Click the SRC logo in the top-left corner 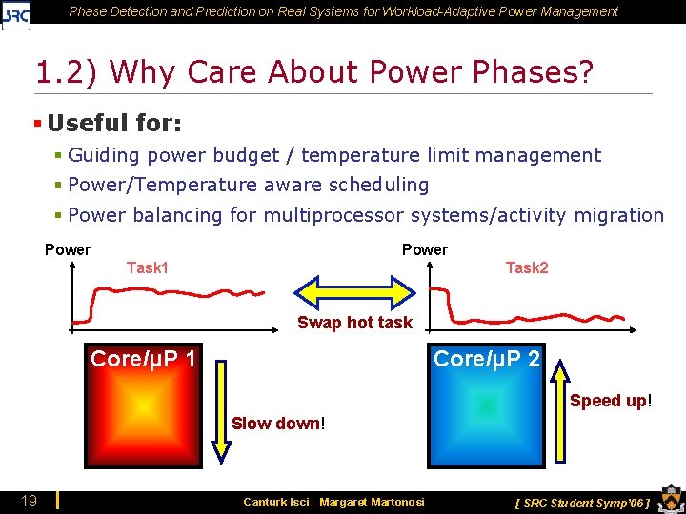click(16, 13)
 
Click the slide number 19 click(30, 501)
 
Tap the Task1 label click(148, 267)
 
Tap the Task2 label click(526, 267)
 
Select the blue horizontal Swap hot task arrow click(354, 290)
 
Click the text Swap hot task click(354, 323)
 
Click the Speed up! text click(611, 401)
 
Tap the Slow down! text click(278, 423)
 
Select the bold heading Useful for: click(114, 123)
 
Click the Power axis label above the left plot click(68, 249)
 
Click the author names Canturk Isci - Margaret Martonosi click(333, 502)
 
